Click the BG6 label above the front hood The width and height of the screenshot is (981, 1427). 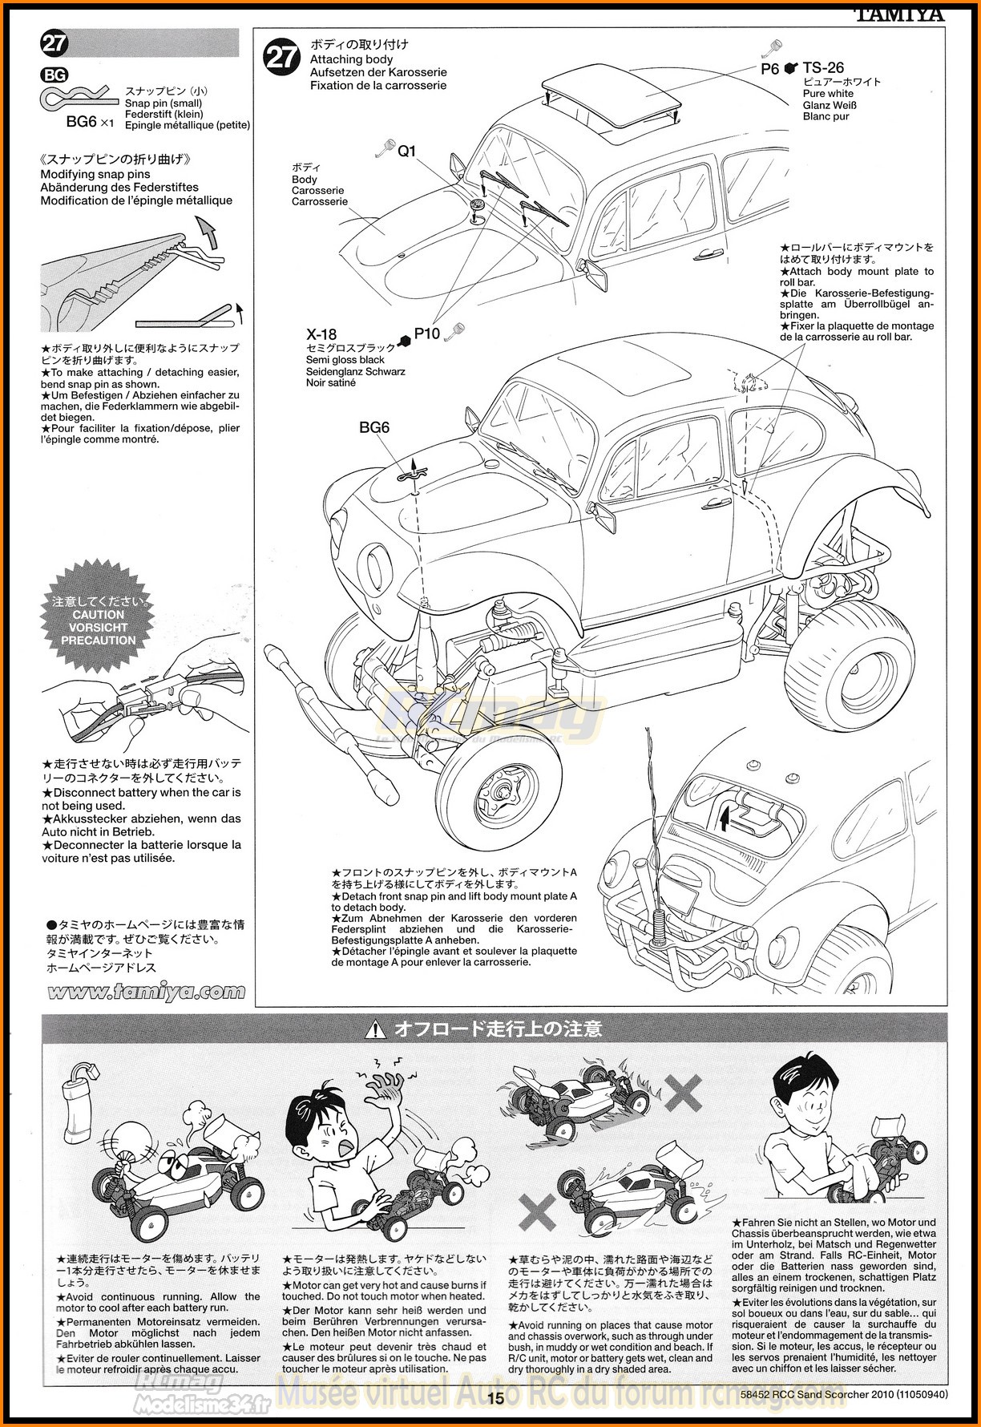[373, 428]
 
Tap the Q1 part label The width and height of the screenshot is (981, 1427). [407, 151]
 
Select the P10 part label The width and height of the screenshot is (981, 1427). [427, 334]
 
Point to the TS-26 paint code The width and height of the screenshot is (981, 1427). [823, 68]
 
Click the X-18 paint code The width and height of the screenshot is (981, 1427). [321, 334]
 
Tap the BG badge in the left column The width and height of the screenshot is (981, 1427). [54, 76]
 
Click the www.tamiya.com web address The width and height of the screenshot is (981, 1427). [145, 992]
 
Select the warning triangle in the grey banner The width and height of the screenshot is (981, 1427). [375, 1029]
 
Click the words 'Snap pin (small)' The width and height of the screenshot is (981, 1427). [163, 103]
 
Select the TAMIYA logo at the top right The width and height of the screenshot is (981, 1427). [899, 14]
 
